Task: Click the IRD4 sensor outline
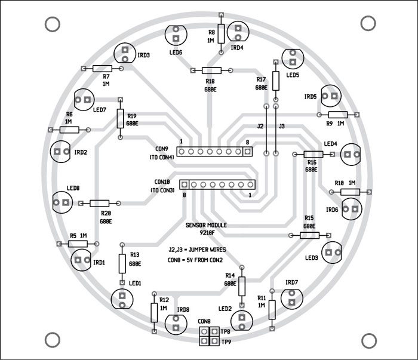pos(238,31)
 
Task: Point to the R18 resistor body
pos(210,70)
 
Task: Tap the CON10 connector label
pos(162,182)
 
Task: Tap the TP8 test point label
pos(225,331)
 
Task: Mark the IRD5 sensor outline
pos(331,96)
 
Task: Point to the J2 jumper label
pos(260,127)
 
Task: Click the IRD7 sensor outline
pos(291,297)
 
